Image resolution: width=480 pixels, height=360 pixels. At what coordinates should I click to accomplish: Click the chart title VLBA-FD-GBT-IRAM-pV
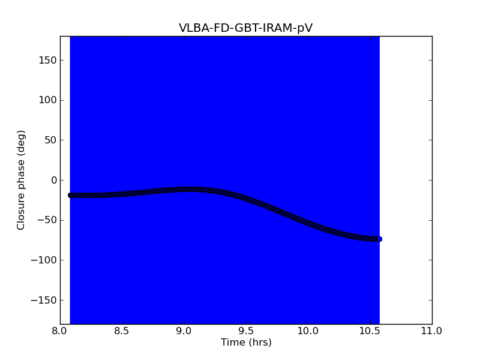point(245,28)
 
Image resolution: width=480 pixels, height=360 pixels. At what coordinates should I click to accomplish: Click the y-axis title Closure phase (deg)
point(22,180)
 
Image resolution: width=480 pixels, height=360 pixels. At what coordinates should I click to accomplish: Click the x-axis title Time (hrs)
point(246,343)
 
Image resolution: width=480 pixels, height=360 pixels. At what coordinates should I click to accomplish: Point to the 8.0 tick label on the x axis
point(60,331)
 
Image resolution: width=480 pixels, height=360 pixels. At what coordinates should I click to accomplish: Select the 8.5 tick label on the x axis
point(122,331)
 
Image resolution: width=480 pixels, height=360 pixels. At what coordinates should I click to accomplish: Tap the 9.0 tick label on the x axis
point(184,331)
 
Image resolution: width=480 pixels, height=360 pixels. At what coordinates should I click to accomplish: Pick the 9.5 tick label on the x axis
point(246,331)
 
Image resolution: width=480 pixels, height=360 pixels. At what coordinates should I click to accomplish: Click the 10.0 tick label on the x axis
point(308,331)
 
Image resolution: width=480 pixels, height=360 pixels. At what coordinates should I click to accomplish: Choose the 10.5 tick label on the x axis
point(370,331)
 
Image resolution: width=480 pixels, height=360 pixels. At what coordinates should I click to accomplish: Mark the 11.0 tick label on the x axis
point(431,331)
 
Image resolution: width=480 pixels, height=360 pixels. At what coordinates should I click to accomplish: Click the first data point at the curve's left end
point(71,195)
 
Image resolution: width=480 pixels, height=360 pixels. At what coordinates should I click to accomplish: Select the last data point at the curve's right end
point(379,239)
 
